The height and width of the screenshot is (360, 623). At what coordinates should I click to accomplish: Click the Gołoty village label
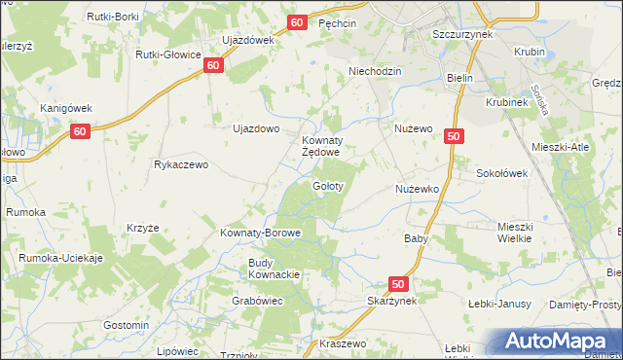[326, 185]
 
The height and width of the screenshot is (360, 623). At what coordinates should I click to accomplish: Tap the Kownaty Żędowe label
[320, 146]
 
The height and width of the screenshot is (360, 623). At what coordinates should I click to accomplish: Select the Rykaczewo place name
[181, 164]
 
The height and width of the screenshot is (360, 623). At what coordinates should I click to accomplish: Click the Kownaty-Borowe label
[261, 234]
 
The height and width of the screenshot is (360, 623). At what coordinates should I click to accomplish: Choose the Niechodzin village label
[375, 71]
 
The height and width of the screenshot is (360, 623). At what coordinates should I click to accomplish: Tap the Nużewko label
[418, 188]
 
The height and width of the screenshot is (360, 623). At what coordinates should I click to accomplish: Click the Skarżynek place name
[392, 302]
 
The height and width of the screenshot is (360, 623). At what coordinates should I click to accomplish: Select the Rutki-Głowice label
[168, 54]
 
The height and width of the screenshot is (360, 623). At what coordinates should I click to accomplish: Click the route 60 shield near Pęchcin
[298, 21]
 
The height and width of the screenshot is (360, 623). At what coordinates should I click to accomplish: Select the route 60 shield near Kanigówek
[81, 131]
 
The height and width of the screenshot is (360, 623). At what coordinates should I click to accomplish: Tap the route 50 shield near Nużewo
[453, 137]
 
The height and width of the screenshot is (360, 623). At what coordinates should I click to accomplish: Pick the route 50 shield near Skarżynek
[397, 283]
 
